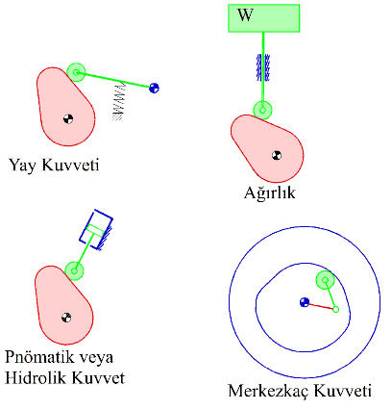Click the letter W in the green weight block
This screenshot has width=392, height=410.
pyautogui.click(x=245, y=14)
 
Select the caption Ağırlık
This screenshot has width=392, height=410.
pyautogui.click(x=269, y=192)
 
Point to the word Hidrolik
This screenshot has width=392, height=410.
pyautogui.click(x=36, y=377)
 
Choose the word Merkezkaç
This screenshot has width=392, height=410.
pyautogui.click(x=268, y=391)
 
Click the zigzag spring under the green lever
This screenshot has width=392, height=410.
pyautogui.click(x=118, y=102)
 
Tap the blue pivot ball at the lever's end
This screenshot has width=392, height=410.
pyautogui.click(x=154, y=88)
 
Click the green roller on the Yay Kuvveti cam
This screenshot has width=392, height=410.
pyautogui.click(x=76, y=72)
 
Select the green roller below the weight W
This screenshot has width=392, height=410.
pyautogui.click(x=262, y=110)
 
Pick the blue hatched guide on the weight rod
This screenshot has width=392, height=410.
pyautogui.click(x=263, y=67)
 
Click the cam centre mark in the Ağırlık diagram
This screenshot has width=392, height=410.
pyautogui.click(x=277, y=155)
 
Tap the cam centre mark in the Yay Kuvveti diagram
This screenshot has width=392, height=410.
pyautogui.click(x=68, y=118)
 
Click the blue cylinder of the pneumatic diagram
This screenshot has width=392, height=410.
pyautogui.click(x=96, y=229)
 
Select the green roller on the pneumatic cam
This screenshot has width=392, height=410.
pyautogui.click(x=74, y=270)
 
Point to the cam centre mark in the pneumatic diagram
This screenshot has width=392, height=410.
pyautogui.click(x=66, y=318)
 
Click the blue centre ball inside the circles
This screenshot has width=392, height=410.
pyautogui.click(x=305, y=302)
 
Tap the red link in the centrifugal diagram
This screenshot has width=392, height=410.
pyautogui.click(x=320, y=306)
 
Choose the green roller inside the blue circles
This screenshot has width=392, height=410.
pyautogui.click(x=326, y=280)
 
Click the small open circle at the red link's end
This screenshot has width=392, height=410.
pyautogui.click(x=335, y=309)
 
